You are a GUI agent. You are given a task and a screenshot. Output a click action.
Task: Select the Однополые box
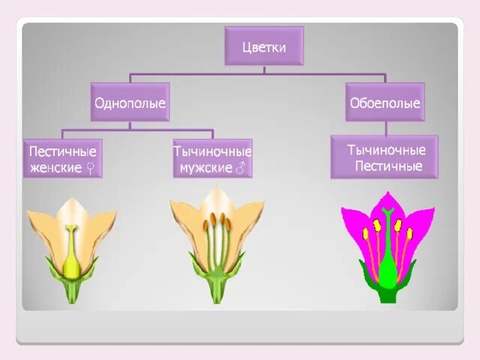click(130, 102)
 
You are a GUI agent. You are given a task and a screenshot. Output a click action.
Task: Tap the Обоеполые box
click(385, 102)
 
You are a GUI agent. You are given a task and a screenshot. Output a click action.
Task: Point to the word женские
click(55, 167)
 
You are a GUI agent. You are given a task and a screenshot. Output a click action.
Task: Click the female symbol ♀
click(90, 168)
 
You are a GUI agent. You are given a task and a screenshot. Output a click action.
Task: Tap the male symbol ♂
click(241, 168)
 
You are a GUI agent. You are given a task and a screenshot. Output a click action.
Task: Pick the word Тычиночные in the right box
click(385, 150)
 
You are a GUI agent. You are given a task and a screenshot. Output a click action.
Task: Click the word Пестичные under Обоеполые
click(385, 166)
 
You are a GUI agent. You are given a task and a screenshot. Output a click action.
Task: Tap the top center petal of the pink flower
click(388, 201)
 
